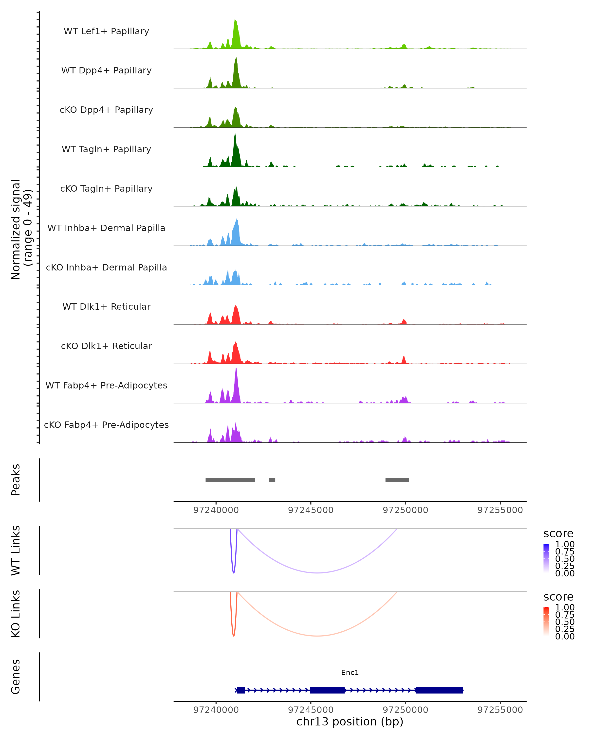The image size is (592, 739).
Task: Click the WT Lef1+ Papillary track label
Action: point(106,31)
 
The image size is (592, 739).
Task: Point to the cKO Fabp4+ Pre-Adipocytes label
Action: point(106,425)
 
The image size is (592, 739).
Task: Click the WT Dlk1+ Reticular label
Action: point(106,306)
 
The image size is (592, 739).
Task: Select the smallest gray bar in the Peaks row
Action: point(272,480)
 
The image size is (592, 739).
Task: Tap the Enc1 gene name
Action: point(350,672)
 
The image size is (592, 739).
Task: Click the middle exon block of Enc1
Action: point(327,690)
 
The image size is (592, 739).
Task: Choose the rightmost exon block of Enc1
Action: point(439,690)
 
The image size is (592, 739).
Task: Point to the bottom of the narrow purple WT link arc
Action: point(234,572)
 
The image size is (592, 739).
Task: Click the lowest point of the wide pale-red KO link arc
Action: point(317,636)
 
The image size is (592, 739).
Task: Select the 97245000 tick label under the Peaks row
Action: point(311,510)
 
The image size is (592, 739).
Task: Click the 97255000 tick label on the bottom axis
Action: point(500,710)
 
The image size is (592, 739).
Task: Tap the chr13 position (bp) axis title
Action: point(350,722)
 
